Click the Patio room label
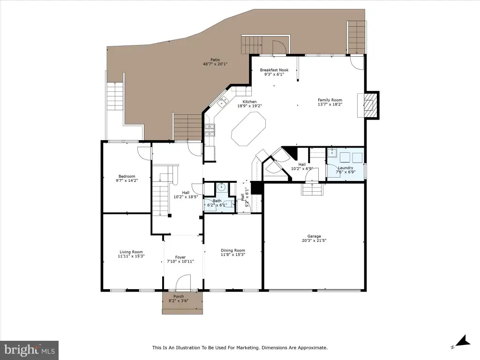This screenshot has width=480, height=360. coord(215,60)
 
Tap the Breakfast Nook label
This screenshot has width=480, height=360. coord(274,70)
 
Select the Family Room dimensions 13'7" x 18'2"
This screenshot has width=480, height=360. coord(330,104)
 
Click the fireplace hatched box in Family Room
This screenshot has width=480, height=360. coord(368,105)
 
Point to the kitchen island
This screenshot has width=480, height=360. coord(248,129)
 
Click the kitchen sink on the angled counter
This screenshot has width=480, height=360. coord(223,101)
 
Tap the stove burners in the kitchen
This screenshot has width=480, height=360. coord(210,130)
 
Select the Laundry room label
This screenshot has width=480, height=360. coord(345,168)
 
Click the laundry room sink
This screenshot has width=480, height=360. coord(332,153)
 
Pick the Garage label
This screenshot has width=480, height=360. coord(314,236)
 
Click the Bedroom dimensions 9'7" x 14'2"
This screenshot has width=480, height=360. coord(127,180)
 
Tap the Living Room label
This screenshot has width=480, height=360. coord(131,252)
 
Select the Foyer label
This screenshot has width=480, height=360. coord(180,257)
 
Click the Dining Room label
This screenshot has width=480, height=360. coord(233,250)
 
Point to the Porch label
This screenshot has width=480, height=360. coord(179,296)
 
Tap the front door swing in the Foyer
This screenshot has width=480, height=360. coord(183,282)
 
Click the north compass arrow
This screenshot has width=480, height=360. coord(462,341)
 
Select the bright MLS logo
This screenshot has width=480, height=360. coord(30,350)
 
